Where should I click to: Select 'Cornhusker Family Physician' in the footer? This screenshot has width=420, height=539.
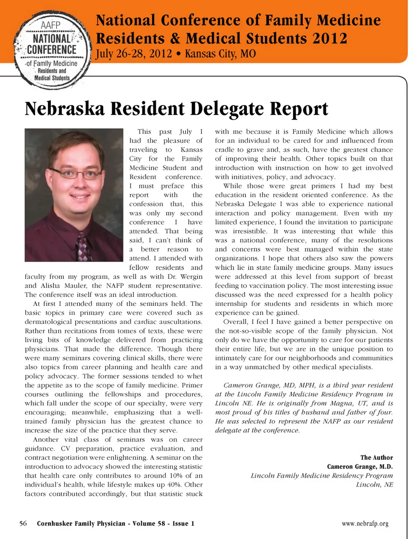pyautogui.click(x=88, y=523)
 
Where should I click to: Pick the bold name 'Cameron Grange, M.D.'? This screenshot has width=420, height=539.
pyautogui.click(x=360, y=466)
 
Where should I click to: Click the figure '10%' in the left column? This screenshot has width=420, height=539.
pyautogui.click(x=172, y=476)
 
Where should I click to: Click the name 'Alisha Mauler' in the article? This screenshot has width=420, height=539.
pyautogui.click(x=48, y=285)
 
